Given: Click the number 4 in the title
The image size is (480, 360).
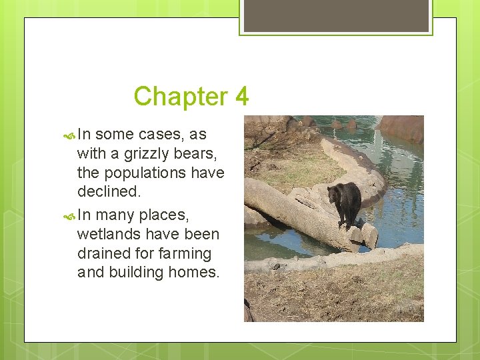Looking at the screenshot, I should tap(241, 97).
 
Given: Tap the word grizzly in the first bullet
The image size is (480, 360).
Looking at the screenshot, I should tap(146, 153).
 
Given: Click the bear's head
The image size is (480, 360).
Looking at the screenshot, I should tap(333, 194).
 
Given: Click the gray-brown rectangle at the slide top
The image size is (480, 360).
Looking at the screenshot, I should tap(336, 15).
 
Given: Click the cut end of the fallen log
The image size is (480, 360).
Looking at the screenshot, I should tap(369, 235).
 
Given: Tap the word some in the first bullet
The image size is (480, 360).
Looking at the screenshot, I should tap(115, 134).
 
